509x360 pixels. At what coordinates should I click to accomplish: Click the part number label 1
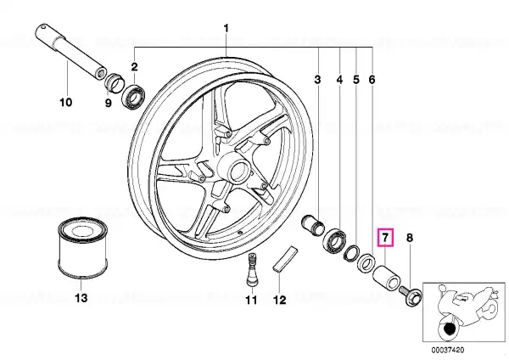(227, 28)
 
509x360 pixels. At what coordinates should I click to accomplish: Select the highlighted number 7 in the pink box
(385, 238)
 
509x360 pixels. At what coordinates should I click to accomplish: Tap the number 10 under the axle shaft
(65, 103)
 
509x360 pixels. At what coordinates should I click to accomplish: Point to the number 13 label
(81, 297)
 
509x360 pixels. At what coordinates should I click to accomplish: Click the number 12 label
(279, 300)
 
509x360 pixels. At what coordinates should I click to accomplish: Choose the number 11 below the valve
(251, 300)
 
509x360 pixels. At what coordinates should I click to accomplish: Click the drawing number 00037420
(448, 351)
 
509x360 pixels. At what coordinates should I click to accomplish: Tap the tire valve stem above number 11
(251, 270)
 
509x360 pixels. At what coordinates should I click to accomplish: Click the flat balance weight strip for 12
(285, 258)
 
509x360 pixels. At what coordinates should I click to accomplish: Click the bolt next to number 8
(411, 293)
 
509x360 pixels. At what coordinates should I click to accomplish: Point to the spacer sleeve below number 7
(386, 276)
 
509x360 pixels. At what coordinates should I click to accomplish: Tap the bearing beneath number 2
(133, 96)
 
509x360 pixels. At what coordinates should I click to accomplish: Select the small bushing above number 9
(114, 83)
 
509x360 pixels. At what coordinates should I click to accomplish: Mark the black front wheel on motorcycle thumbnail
(449, 329)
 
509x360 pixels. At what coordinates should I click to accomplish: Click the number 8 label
(410, 238)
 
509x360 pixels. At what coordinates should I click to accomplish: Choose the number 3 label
(317, 79)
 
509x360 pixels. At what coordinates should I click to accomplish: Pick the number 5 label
(356, 79)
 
